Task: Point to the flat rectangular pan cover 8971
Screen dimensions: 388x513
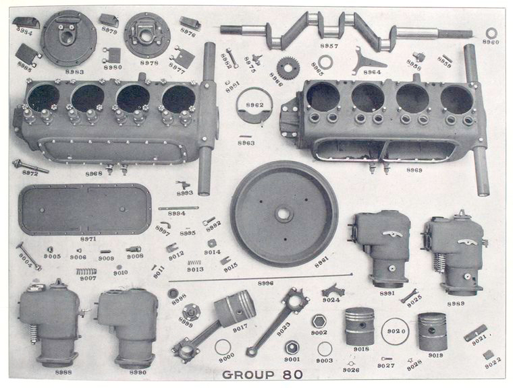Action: click(85, 209)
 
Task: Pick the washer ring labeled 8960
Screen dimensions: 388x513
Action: click(491, 32)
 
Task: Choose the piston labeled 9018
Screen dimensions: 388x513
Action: click(360, 326)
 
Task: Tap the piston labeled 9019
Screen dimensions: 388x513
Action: click(433, 331)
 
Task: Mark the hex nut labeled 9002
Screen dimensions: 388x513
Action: click(319, 321)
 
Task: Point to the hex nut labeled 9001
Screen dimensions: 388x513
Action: click(292, 348)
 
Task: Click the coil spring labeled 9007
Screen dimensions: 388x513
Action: click(86, 271)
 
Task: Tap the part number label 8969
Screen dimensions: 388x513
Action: click(414, 170)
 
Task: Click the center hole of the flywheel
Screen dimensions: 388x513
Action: click(283, 215)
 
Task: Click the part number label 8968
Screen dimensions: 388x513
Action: click(94, 174)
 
